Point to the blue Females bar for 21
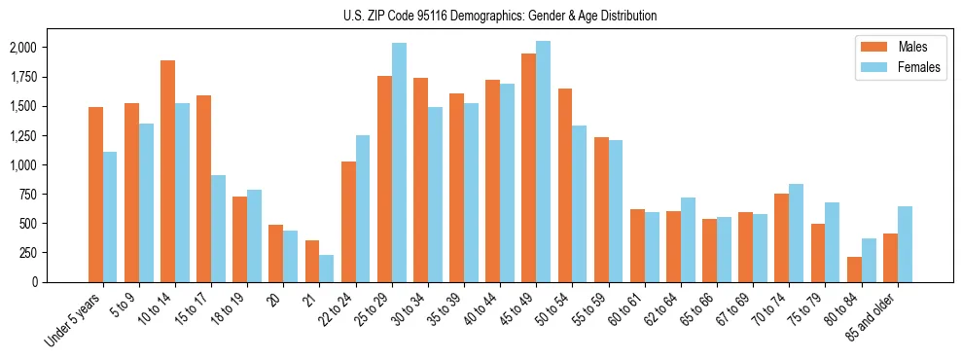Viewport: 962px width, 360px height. coord(327,269)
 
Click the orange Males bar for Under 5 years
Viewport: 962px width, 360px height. coord(95,195)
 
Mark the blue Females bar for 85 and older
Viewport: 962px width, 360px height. coord(905,244)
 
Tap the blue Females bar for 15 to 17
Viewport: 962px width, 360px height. coord(219,229)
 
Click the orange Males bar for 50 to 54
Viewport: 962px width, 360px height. coord(565,185)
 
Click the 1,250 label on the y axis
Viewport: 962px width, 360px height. coord(22,135)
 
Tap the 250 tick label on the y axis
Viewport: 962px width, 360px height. coord(26,253)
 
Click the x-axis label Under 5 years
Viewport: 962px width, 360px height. coord(76,318)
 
